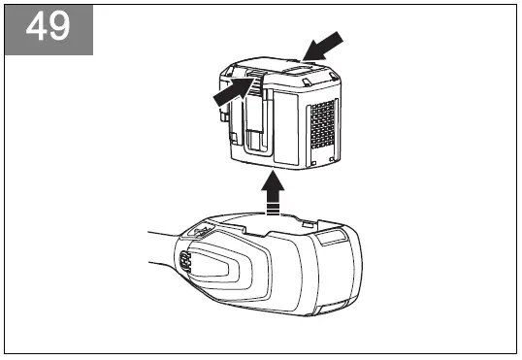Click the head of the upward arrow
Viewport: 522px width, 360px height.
point(276,180)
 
